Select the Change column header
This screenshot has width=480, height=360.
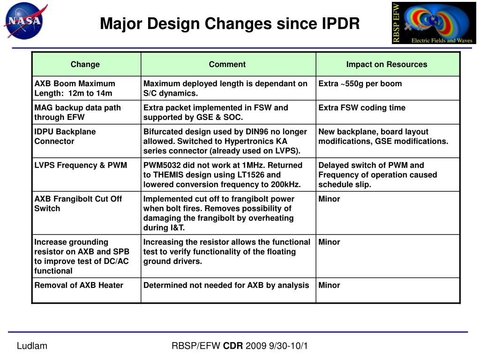(85, 64)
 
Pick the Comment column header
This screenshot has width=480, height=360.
(227, 64)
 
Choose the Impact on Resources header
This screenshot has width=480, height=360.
(387, 64)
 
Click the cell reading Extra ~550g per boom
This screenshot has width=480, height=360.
(360, 83)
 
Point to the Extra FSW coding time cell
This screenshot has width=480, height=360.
(362, 108)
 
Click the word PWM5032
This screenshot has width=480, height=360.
(162, 165)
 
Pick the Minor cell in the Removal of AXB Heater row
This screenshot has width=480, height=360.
(329, 285)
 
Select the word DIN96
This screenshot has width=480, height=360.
(265, 132)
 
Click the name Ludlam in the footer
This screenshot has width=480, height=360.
(32, 346)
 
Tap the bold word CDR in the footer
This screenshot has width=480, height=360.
(232, 346)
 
